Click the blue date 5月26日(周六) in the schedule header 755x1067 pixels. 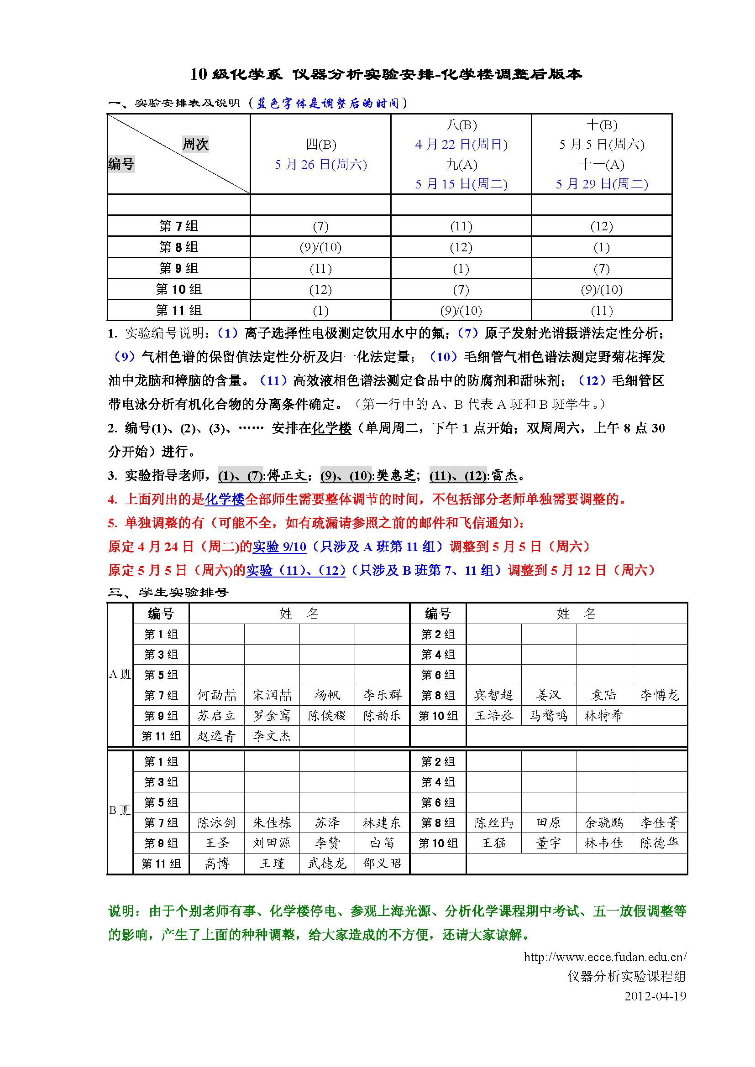tap(320, 164)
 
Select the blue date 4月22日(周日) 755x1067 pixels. tap(461, 144)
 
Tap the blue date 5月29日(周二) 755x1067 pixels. tap(602, 184)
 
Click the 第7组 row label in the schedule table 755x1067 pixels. tap(178, 226)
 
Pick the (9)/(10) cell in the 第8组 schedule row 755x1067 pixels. tap(320, 247)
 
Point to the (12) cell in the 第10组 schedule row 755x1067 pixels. tap(320, 290)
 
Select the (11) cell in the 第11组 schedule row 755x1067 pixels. tap(602, 311)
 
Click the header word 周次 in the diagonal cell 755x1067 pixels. tap(195, 144)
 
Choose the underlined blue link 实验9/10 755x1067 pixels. tap(279, 547)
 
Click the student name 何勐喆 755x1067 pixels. tap(217, 695)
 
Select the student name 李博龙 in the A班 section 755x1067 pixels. tap(659, 695)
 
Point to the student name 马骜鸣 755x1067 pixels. tap(549, 716)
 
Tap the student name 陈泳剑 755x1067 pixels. tap(217, 823)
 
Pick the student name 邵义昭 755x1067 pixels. tap(382, 864)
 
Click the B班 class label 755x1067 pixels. tap(120, 810)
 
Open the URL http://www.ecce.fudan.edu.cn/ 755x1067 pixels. tap(605, 957)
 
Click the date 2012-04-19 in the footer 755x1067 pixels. tap(655, 996)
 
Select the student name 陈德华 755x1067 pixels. tap(659, 843)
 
